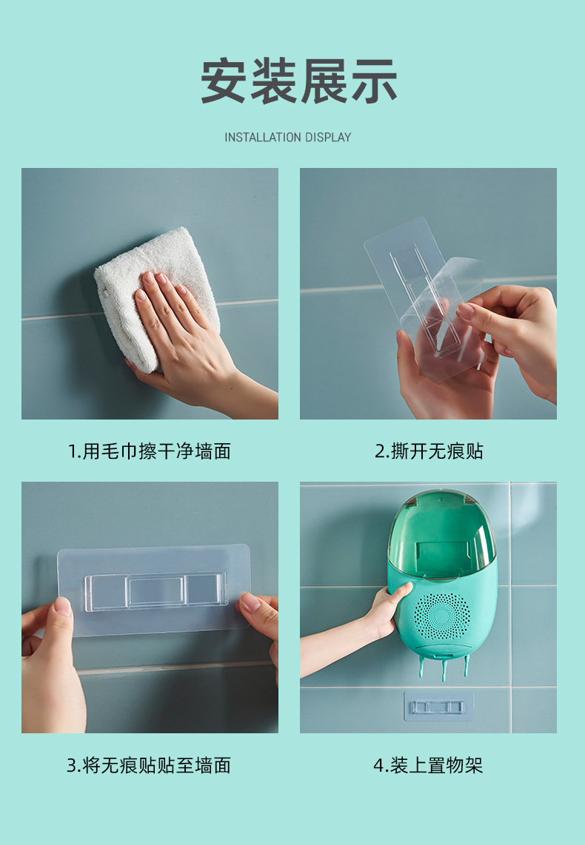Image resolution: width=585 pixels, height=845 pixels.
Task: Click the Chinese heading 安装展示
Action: click(x=299, y=81)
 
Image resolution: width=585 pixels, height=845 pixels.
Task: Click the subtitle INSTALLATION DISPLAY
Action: click(x=288, y=137)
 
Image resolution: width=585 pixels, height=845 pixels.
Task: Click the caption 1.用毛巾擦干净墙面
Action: click(x=150, y=451)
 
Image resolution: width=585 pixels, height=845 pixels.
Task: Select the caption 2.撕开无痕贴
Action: click(x=429, y=451)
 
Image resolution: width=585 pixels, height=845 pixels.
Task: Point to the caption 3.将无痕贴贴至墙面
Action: click(x=149, y=765)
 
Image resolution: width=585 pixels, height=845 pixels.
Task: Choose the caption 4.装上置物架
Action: click(x=428, y=765)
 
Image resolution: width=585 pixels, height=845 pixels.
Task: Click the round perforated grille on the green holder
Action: click(x=441, y=616)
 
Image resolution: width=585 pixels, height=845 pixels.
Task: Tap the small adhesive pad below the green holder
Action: click(x=438, y=707)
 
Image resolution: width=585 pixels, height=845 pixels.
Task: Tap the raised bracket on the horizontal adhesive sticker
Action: click(x=156, y=590)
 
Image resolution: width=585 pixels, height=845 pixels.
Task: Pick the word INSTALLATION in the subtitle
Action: click(x=263, y=137)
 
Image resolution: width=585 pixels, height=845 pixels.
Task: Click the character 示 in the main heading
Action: click(x=374, y=81)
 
